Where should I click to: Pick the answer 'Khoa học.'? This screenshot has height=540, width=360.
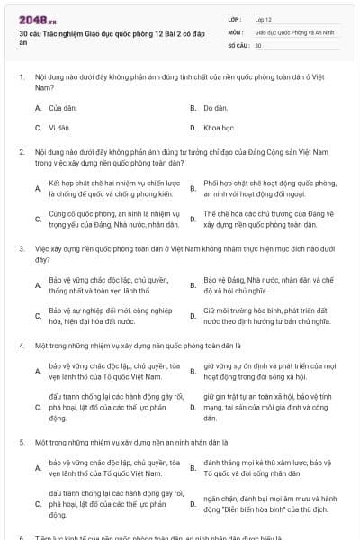[220, 128]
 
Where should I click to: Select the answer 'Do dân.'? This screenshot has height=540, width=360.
[215, 108]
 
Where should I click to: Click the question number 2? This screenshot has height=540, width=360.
[21, 154]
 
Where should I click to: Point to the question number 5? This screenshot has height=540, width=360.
[21, 443]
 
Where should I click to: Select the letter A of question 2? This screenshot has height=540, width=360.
[38, 188]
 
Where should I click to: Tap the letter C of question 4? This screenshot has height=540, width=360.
[38, 407]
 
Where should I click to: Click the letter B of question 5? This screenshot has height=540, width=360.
[193, 467]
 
